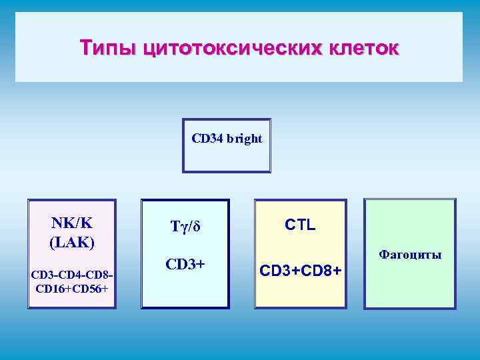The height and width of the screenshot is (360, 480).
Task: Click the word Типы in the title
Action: pos(102,48)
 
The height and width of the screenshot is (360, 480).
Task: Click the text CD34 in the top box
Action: pos(207,139)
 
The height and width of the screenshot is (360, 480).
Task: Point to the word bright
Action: pos(244,139)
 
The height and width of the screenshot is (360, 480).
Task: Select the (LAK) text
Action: pos(72,241)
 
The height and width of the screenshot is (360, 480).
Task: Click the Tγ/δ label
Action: pos(185,227)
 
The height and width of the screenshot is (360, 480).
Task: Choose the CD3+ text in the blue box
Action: pos(185,264)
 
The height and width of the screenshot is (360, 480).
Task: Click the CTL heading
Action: pos(300,225)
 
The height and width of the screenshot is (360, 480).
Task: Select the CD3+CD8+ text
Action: pos(300,271)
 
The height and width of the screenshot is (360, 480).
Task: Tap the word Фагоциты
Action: pos(410,255)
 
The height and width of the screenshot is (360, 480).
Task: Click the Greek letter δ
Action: pos(197,227)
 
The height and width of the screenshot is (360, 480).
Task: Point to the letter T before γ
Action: pos(175,227)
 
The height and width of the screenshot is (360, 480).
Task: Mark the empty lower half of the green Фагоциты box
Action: pos(410,287)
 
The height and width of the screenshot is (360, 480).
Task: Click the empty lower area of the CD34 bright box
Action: pos(227,160)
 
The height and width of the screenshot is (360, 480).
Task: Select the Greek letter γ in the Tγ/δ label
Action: pos(184,228)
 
